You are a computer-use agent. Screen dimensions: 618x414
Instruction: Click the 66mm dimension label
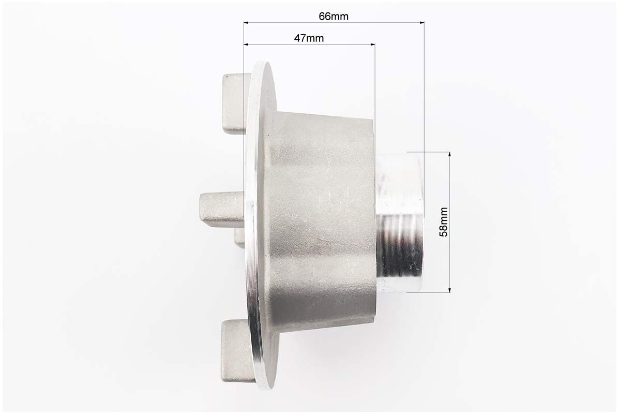point(334,16)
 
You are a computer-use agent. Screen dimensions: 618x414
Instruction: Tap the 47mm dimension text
point(309,38)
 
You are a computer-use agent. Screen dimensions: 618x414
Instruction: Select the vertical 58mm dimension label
point(444,221)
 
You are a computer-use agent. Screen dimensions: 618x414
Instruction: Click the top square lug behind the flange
point(236,103)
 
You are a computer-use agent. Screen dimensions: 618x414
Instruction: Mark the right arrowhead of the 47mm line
point(372,45)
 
